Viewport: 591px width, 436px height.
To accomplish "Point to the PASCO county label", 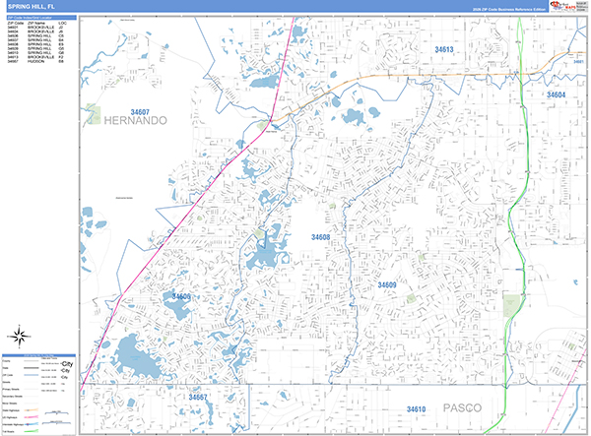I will pos(457,406).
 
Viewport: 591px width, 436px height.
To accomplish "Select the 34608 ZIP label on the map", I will pos(314,238).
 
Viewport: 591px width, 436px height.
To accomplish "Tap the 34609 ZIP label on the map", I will pos(386,284).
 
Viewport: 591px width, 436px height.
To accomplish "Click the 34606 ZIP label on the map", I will pos(181,296).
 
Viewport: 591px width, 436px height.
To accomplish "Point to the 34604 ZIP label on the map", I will pos(557,95).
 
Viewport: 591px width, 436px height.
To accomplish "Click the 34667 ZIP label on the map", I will pos(200,398).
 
